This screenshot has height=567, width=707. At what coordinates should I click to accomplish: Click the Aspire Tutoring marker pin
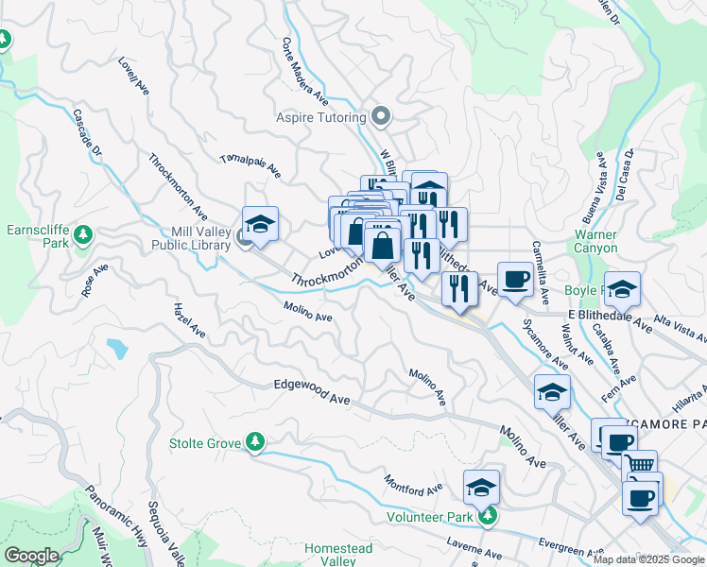click(x=381, y=117)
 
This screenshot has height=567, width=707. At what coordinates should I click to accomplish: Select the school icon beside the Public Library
click(x=261, y=224)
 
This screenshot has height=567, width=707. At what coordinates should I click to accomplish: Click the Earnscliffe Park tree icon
click(x=83, y=233)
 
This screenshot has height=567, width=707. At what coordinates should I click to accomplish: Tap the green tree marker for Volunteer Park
click(x=486, y=516)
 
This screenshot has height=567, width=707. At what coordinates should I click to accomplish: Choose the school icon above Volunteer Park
click(x=481, y=488)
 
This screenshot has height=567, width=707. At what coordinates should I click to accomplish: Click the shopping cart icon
click(x=641, y=466)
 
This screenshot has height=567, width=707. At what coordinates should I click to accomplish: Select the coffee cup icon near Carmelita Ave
click(x=515, y=279)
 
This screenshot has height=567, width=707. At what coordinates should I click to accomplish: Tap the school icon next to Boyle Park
click(x=622, y=288)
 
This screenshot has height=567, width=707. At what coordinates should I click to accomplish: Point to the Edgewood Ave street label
click(x=312, y=393)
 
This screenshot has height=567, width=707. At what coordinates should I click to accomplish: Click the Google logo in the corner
click(x=31, y=556)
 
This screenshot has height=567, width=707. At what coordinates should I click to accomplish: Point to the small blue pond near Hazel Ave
click(x=117, y=348)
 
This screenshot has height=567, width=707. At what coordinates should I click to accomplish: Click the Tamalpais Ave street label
click(x=250, y=166)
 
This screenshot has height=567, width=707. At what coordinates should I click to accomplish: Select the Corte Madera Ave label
click(x=304, y=71)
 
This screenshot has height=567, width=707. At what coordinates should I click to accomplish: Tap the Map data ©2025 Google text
click(x=647, y=559)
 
